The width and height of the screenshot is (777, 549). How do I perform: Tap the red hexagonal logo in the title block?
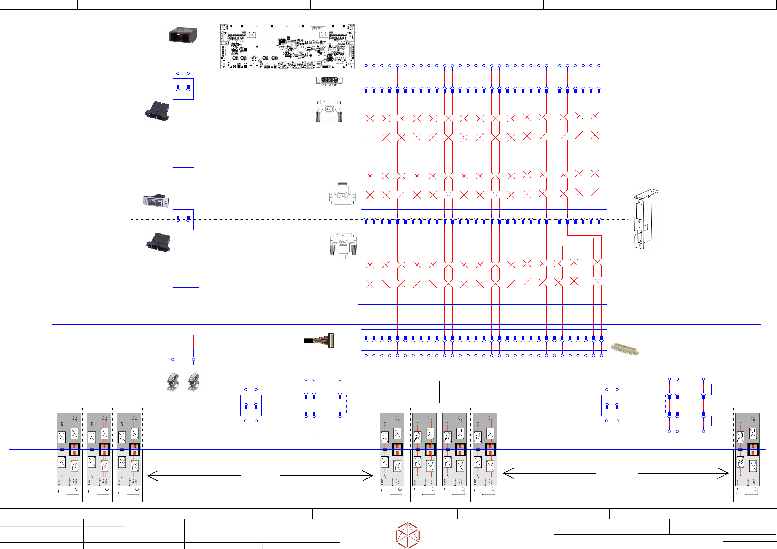click(408, 535)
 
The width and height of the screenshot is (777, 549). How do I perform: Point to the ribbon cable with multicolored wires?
click(320, 340)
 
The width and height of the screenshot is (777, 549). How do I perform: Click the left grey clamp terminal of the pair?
click(173, 382)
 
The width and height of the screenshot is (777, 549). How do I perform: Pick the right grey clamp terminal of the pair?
click(194, 382)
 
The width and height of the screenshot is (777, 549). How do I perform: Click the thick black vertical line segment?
click(439, 392)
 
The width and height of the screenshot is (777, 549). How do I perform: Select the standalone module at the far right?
click(747, 455)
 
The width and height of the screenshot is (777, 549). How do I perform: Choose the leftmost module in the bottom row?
click(68, 455)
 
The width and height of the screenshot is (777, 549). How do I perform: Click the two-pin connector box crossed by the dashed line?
click(183, 220)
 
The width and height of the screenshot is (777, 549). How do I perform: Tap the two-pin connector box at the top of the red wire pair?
click(183, 89)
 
